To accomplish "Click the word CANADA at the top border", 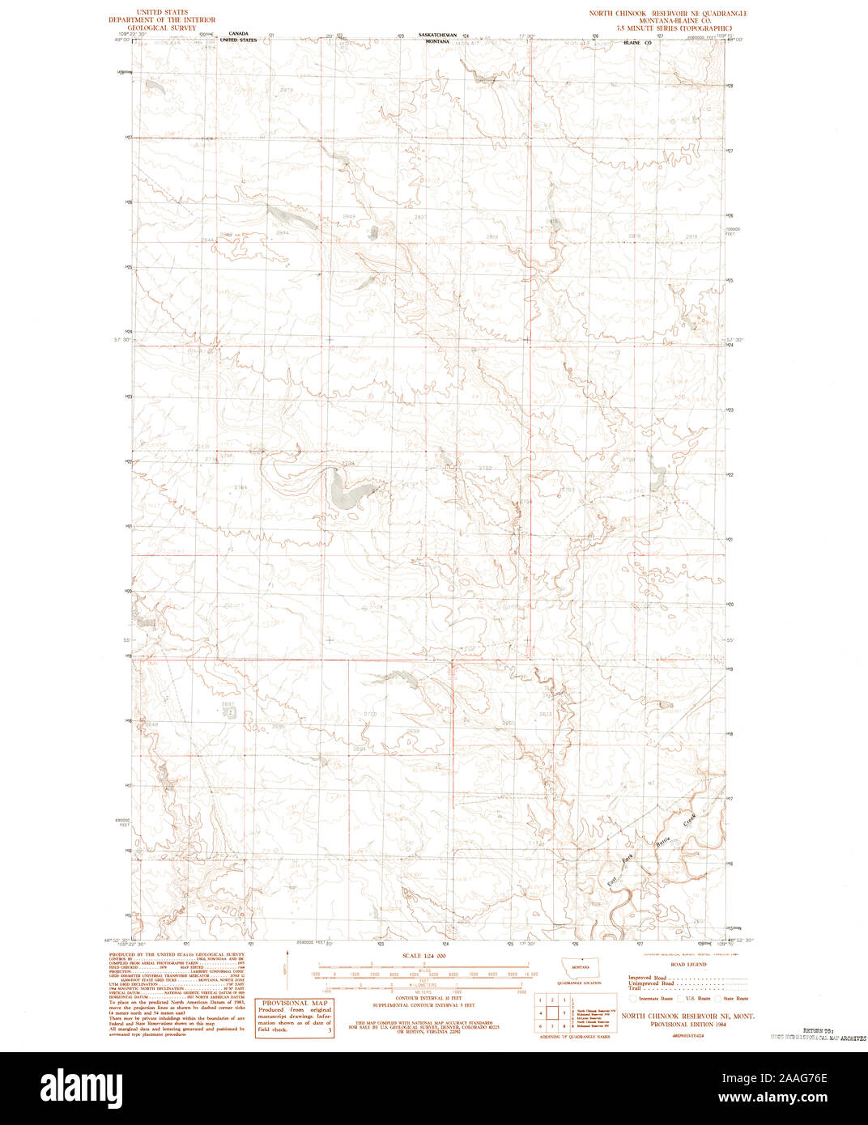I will tap(238, 34).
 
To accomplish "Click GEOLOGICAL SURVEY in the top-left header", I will tap(167, 28).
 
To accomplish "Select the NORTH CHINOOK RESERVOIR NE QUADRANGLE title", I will tap(668, 13).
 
